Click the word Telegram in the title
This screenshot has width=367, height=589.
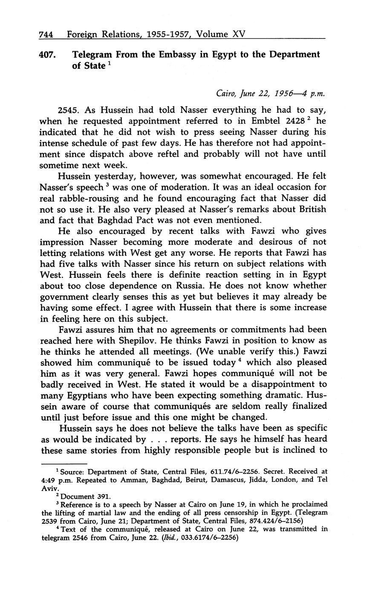[92, 55]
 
